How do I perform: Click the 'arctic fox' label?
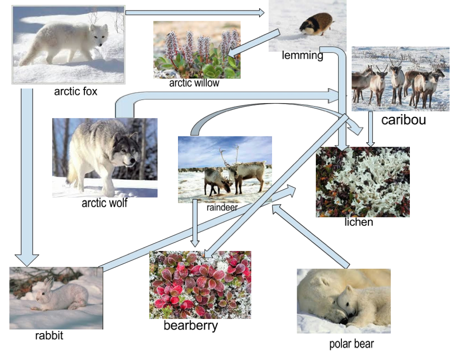tap(76, 91)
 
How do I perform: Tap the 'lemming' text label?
tap(302, 56)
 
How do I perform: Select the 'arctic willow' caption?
tap(194, 83)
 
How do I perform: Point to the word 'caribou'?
tap(403, 120)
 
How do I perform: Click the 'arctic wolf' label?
tap(104, 203)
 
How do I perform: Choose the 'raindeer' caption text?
tap(222, 208)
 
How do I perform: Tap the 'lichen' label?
tap(359, 222)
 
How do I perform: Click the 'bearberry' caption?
tap(191, 325)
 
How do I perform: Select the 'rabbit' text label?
tap(49, 336)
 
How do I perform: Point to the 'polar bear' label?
tap(351, 344)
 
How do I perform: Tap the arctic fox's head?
tap(98, 35)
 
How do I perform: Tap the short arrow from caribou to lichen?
tap(371, 129)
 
